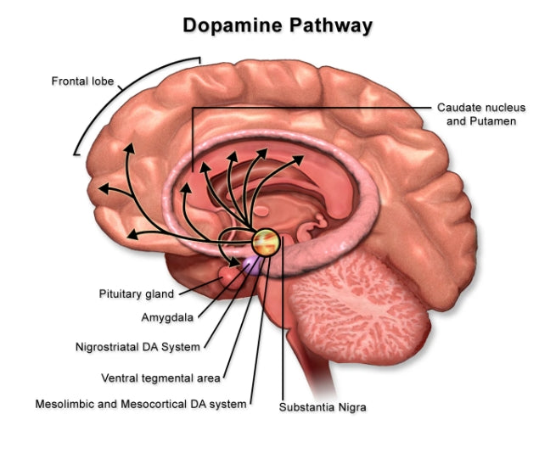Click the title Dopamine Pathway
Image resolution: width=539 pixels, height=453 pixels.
278,25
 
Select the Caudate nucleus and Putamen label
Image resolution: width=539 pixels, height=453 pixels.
481,115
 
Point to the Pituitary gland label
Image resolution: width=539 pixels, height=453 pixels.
137,294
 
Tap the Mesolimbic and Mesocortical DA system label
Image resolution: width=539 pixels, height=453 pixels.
141,404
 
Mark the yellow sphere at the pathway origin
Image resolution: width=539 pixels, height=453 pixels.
267,242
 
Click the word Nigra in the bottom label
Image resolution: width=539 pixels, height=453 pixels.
351,406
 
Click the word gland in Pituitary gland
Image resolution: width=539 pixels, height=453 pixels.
160,294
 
